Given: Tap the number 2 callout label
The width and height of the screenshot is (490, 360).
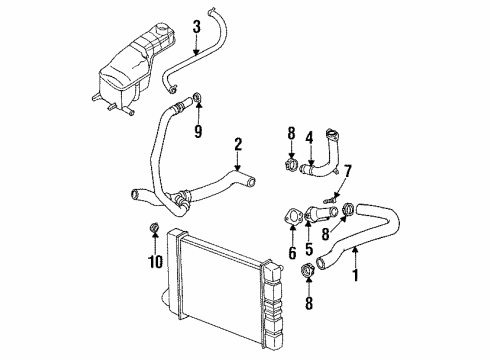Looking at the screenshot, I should point(237,146).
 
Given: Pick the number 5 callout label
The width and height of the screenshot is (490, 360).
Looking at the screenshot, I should point(310,249).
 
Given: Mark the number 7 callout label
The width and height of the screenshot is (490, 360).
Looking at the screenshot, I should point(348,173).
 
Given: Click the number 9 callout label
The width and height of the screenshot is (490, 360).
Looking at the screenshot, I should point(198,130).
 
